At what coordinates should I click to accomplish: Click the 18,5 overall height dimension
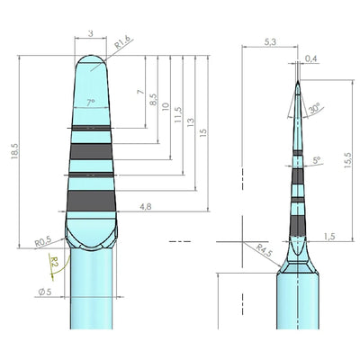[15, 151]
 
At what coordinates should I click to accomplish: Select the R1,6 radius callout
[122, 42]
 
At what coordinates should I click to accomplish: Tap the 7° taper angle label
[91, 103]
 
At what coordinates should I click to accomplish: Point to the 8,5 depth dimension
[153, 99]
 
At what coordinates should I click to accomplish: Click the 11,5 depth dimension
[178, 114]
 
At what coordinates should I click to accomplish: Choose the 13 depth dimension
[191, 122]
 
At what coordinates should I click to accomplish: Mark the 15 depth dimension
[203, 133]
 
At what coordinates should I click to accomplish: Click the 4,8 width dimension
[146, 206]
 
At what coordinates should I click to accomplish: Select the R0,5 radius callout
[43, 241]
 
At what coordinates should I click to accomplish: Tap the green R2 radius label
[54, 261]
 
